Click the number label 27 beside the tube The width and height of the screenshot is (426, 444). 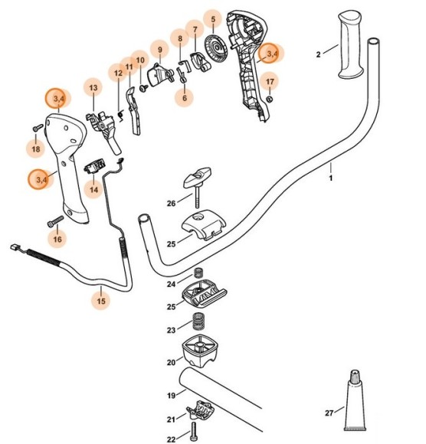(x=329, y=413)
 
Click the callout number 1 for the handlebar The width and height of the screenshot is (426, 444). (x=330, y=178)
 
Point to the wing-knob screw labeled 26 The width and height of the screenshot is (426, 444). (x=197, y=186)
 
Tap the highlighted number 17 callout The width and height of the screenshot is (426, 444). (x=269, y=81)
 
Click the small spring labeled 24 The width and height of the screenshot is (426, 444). (x=198, y=273)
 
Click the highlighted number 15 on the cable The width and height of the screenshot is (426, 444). (x=100, y=301)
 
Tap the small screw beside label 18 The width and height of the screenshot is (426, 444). (x=37, y=128)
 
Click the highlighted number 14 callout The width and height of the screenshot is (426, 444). (x=94, y=189)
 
